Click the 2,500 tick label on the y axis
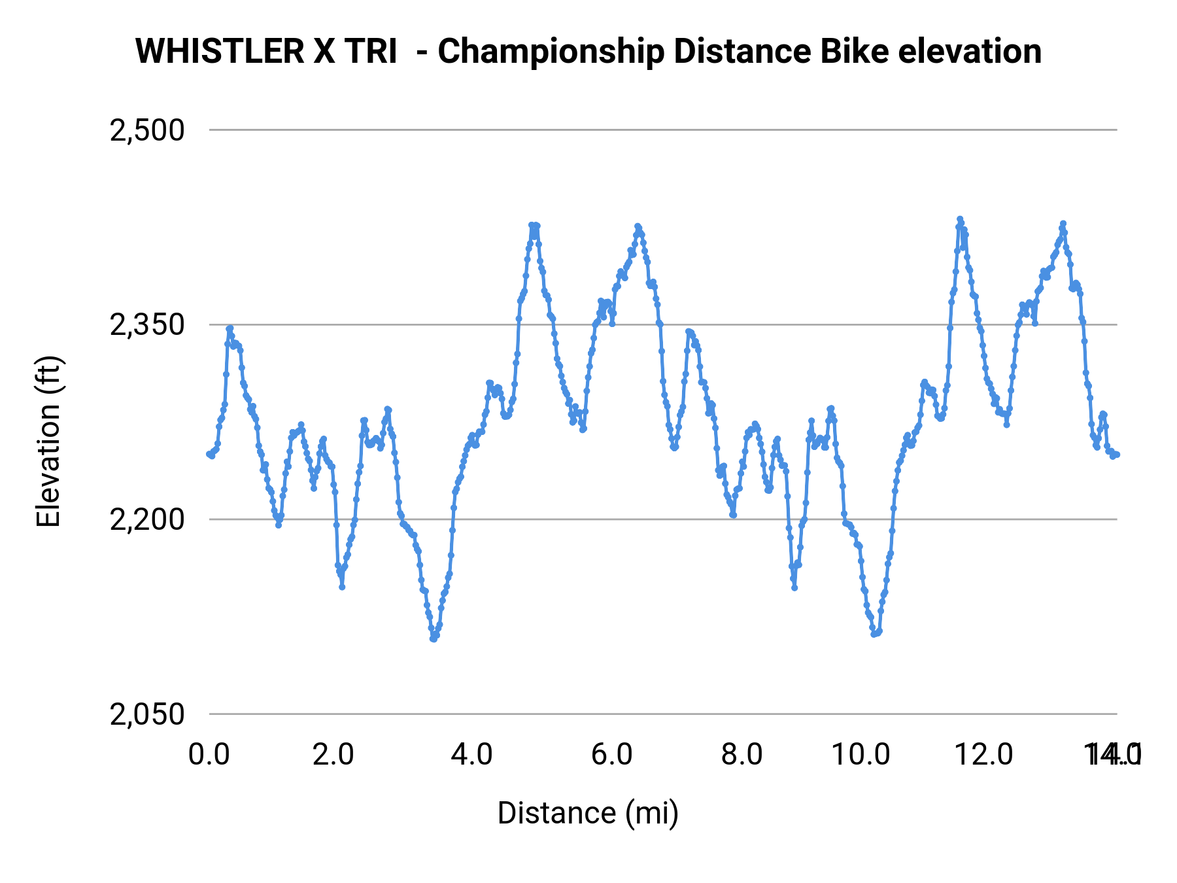(147, 130)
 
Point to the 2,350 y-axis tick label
(147, 324)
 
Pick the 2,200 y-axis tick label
(147, 519)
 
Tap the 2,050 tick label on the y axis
(147, 714)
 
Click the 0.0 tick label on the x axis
(209, 755)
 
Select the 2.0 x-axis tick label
(333, 755)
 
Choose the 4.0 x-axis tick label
(471, 755)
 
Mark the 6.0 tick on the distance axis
(611, 755)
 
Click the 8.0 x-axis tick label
(742, 755)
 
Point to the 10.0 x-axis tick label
(861, 755)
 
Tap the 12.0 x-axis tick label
(984, 755)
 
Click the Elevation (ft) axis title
(48, 442)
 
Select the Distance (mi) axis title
(588, 813)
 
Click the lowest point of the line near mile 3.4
(433, 638)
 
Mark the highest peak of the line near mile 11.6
(960, 219)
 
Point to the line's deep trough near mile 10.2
(874, 634)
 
